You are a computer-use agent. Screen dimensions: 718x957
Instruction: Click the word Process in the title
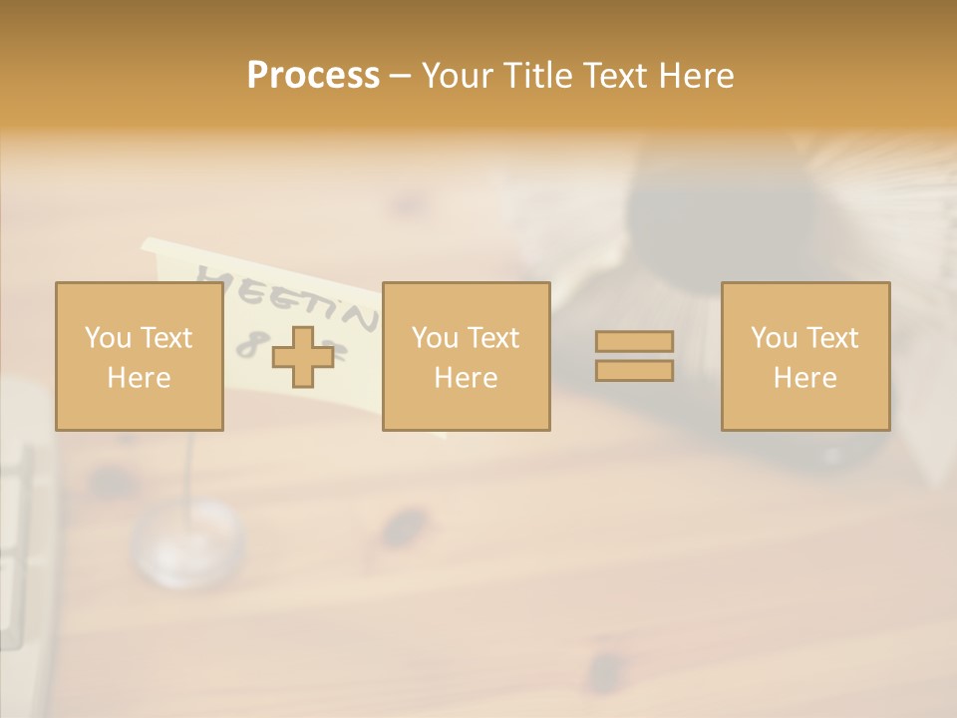click(313, 76)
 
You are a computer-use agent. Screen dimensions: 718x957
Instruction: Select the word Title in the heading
click(537, 76)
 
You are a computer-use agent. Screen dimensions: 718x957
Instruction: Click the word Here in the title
click(697, 76)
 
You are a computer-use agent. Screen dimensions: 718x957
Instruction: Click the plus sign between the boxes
click(303, 357)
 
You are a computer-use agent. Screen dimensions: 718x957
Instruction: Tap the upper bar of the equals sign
click(634, 341)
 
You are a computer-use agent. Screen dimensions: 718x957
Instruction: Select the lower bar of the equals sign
click(634, 370)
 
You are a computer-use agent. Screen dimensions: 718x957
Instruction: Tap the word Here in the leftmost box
click(139, 378)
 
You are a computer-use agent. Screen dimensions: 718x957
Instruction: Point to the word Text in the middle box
click(493, 338)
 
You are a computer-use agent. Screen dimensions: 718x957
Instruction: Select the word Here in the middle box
click(466, 378)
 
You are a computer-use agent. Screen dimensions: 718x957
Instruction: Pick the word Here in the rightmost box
click(804, 378)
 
